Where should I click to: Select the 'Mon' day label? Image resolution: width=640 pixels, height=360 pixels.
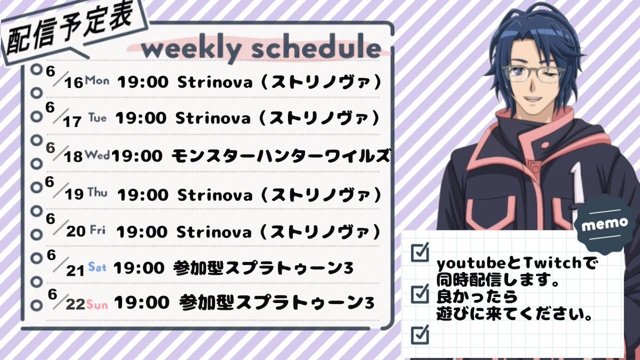97,80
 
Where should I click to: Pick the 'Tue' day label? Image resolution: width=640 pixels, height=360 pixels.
98,117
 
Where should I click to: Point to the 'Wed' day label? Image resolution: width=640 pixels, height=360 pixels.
98,155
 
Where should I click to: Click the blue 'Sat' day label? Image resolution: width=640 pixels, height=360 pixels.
97,267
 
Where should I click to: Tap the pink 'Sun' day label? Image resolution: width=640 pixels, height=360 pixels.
97,305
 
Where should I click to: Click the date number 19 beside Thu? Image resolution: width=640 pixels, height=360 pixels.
74,194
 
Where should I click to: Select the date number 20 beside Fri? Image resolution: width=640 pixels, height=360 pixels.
76,231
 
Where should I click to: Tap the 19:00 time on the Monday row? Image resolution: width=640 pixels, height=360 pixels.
143,82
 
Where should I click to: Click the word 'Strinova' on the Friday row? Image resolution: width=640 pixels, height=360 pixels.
214,231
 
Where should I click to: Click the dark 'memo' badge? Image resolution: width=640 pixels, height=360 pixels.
605,225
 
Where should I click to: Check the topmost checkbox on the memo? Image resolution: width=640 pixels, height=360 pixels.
420,252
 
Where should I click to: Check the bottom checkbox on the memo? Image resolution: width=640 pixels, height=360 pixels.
420,334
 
